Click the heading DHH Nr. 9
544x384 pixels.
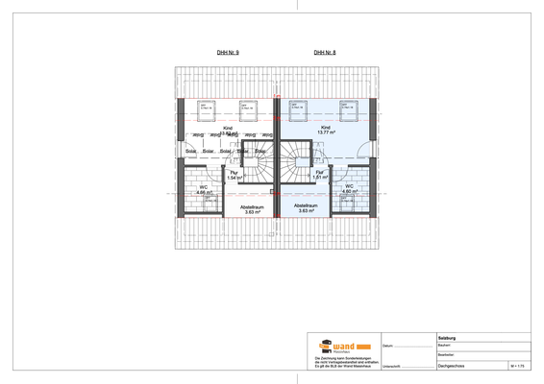click(x=228, y=53)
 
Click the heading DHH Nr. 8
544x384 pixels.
click(x=325, y=53)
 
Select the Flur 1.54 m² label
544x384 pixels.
click(x=234, y=176)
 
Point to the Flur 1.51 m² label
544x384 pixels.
click(x=320, y=176)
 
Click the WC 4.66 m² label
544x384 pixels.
click(x=204, y=189)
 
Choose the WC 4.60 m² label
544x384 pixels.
click(x=349, y=189)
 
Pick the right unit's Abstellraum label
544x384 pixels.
click(x=306, y=208)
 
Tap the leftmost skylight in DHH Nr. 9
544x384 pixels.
click(x=206, y=107)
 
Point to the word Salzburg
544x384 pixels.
click(x=447, y=337)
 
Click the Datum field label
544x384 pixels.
click(x=387, y=346)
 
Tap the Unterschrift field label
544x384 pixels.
click(x=391, y=366)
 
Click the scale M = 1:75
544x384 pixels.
click(x=518, y=366)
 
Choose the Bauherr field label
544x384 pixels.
click(x=444, y=345)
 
